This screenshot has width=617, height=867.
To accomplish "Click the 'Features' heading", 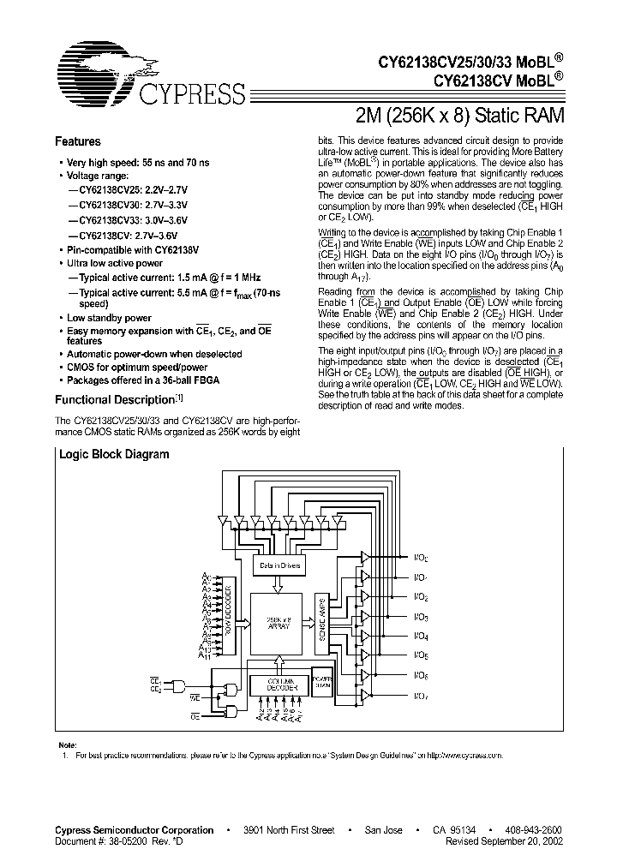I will point(77,142).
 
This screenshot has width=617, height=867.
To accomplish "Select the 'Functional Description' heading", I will point(114,399).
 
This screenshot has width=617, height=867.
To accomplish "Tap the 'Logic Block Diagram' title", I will point(113,455).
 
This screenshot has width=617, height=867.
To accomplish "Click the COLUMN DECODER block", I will point(278,685).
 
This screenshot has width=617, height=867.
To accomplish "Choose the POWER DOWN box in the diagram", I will point(322,683).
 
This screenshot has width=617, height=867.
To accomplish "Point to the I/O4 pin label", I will point(421,637).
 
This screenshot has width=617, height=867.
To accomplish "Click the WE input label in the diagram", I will point(195,697).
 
